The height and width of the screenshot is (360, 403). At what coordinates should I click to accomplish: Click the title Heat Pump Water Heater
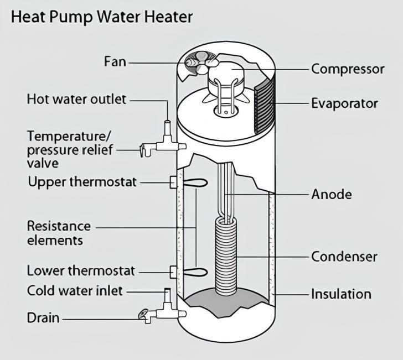pyautogui.click(x=102, y=18)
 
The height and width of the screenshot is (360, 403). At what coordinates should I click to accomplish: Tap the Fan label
pyautogui.click(x=115, y=62)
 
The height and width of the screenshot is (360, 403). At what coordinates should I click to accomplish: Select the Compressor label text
pyautogui.click(x=348, y=69)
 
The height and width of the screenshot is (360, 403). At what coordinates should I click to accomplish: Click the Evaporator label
pyautogui.click(x=344, y=104)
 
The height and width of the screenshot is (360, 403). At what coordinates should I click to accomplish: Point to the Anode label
pyautogui.click(x=332, y=194)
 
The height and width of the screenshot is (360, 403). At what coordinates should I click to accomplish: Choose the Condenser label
pyautogui.click(x=344, y=257)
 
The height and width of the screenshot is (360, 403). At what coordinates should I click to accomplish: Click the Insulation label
pyautogui.click(x=342, y=294)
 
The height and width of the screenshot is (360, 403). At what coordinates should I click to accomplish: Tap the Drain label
pyautogui.click(x=43, y=317)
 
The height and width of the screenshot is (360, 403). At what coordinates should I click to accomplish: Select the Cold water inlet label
pyautogui.click(x=75, y=291)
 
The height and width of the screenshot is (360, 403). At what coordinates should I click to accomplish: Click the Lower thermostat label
pyautogui.click(x=81, y=271)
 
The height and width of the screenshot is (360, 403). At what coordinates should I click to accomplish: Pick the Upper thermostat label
pyautogui.click(x=82, y=182)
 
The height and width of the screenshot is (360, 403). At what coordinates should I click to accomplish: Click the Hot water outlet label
pyautogui.click(x=76, y=100)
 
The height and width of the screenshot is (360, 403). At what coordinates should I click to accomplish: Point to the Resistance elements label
pyautogui.click(x=59, y=233)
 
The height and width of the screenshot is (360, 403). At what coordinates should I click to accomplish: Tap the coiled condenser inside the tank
pyautogui.click(x=225, y=256)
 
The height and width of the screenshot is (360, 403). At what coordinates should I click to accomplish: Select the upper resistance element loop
pyautogui.click(x=195, y=182)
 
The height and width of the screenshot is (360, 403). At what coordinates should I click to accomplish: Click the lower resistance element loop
pyautogui.click(x=195, y=272)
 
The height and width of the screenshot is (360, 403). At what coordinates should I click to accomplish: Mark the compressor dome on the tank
pyautogui.click(x=226, y=77)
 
